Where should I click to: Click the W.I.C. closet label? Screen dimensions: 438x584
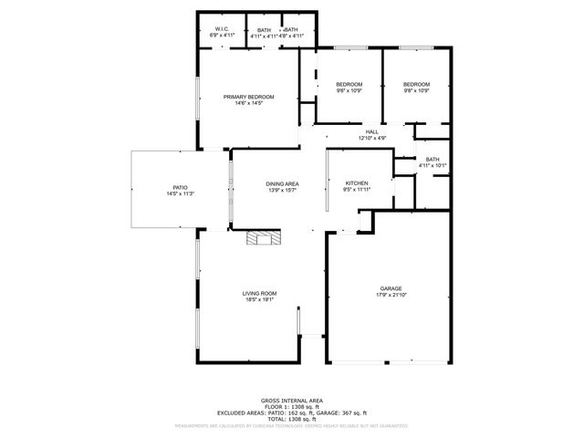pyautogui.click(x=222, y=29)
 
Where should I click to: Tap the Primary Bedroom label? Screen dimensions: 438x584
pyautogui.click(x=249, y=97)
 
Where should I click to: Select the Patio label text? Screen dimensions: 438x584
pyautogui.click(x=181, y=187)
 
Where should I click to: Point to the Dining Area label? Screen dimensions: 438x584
pyautogui.click(x=283, y=184)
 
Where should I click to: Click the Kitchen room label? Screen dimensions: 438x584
pyautogui.click(x=356, y=183)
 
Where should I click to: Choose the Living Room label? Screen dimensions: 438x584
pyautogui.click(x=259, y=293)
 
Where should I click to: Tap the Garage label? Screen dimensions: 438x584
pyautogui.click(x=391, y=288)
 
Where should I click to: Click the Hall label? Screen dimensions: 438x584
pyautogui.click(x=372, y=132)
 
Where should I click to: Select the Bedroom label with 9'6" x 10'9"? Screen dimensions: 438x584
pyautogui.click(x=349, y=84)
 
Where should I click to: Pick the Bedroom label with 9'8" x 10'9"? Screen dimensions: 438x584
pyautogui.click(x=416, y=84)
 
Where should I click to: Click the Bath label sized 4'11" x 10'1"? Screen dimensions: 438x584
pyautogui.click(x=432, y=159)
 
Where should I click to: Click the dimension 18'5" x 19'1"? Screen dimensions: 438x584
pyautogui.click(x=259, y=299)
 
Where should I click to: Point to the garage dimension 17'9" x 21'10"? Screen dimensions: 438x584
pyautogui.click(x=391, y=295)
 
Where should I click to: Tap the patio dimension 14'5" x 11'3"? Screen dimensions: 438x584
pyautogui.click(x=181, y=193)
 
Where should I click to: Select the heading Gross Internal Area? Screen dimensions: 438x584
pyautogui.click(x=292, y=401)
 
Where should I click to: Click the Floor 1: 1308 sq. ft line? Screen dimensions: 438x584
pyautogui.click(x=292, y=407)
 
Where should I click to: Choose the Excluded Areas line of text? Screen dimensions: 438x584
pyautogui.click(x=292, y=413)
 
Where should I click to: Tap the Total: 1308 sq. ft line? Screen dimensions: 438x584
pyautogui.click(x=292, y=420)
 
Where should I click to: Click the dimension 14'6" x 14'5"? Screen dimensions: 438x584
pyautogui.click(x=249, y=103)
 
